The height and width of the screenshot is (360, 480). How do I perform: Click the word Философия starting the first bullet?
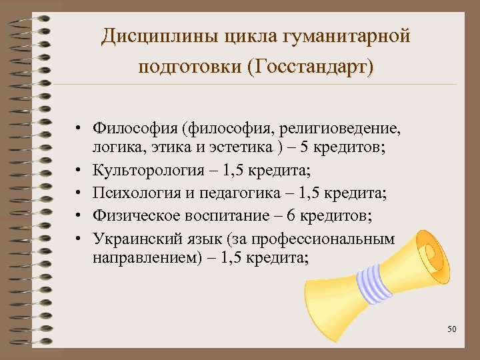pyautogui.click(x=139, y=127)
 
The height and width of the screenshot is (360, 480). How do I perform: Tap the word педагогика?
pyautogui.click(x=227, y=193)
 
